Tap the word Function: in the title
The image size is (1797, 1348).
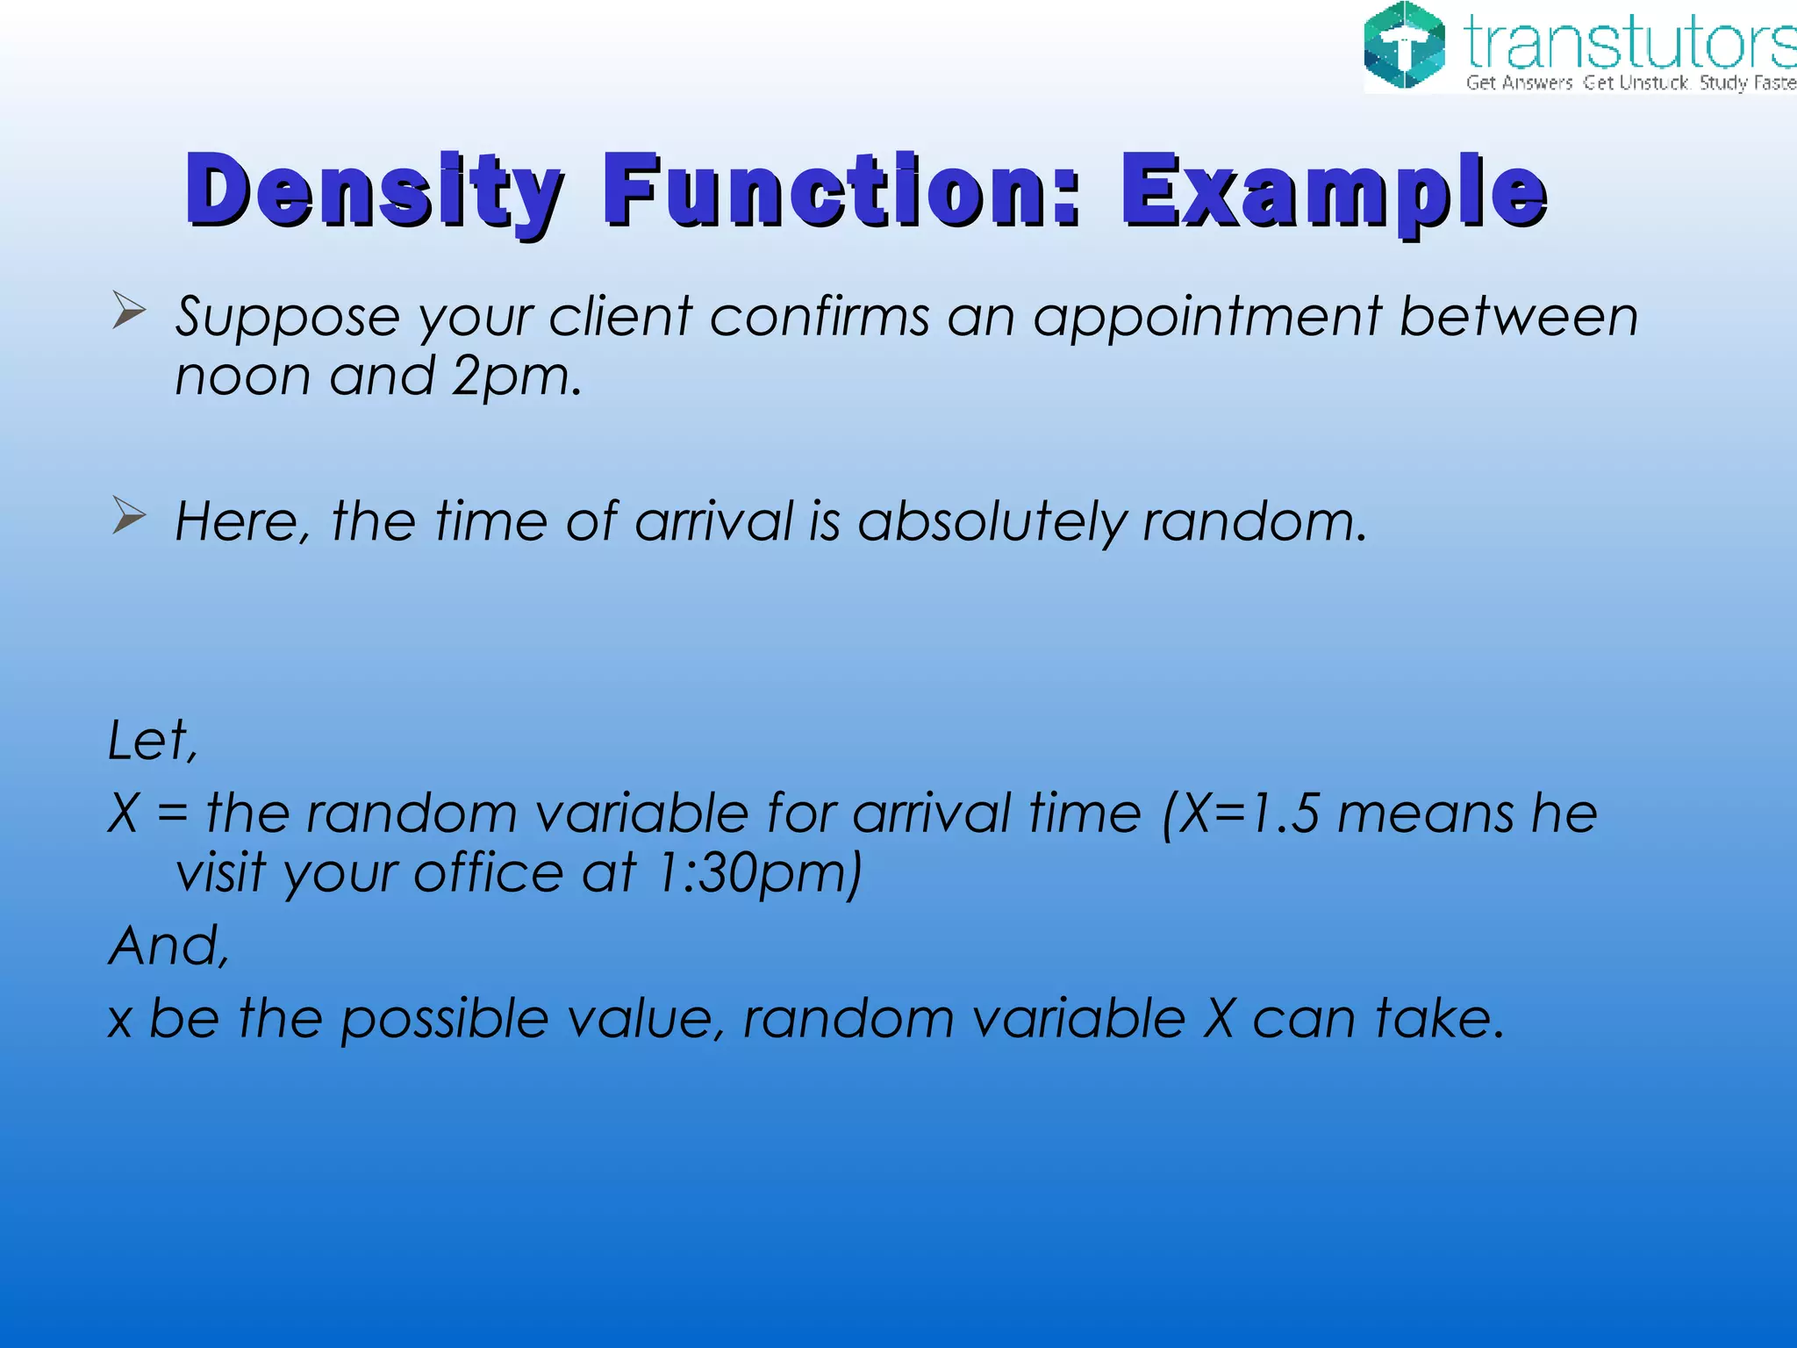pos(842,190)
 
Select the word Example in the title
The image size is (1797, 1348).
pos(1334,191)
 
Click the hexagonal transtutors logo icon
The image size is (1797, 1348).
pos(1405,47)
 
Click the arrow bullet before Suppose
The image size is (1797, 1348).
pos(128,312)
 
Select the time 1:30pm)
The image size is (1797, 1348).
pos(760,874)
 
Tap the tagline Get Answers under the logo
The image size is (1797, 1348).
pos(1519,83)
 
